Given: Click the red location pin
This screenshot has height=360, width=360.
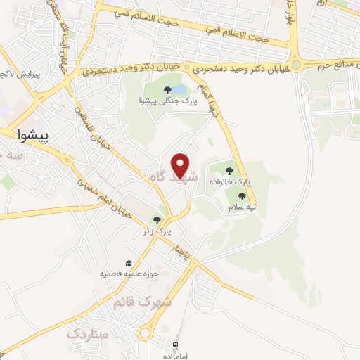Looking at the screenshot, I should tap(181, 165).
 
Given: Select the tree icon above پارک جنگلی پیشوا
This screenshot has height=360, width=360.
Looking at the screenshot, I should tap(167, 90).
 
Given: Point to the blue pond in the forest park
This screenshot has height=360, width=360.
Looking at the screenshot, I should tap(179, 90).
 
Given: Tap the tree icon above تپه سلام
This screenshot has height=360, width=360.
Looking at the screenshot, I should tap(232, 197).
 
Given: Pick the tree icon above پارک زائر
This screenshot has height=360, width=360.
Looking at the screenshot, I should tap(157, 220).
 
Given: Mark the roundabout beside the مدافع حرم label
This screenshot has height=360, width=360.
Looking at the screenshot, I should tap(296, 65).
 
